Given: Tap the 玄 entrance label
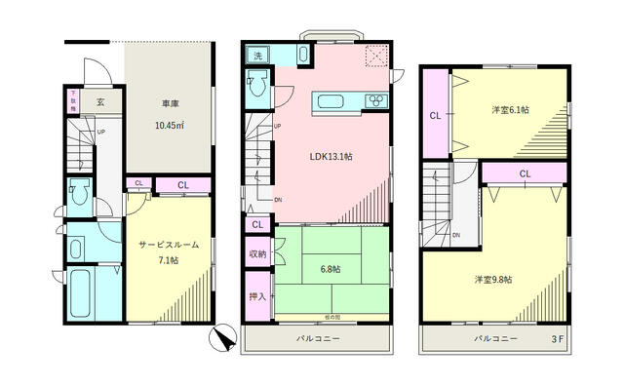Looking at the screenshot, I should [x=100, y=100].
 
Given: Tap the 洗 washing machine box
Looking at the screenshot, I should [x=256, y=56].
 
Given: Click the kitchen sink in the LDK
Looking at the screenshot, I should [x=329, y=101].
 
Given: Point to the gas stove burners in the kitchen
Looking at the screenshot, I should [x=375, y=101].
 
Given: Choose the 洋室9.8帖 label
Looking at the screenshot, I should [x=494, y=280].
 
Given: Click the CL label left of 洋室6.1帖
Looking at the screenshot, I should [x=435, y=116].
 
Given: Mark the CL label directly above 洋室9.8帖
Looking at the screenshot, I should [x=525, y=173].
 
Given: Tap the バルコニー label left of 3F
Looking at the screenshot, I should [x=495, y=339].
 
